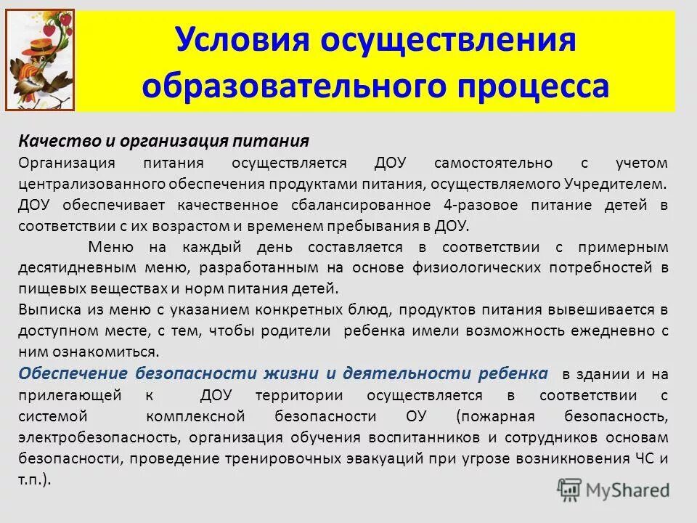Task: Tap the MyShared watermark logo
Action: click(614, 489)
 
